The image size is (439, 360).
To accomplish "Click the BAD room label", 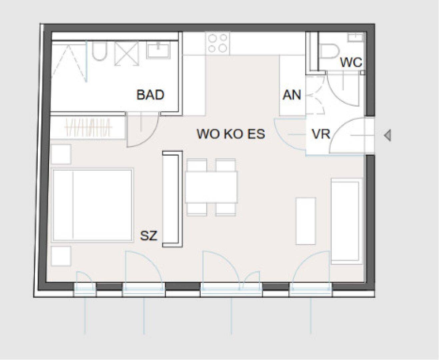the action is click(150, 95).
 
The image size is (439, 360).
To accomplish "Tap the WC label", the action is click(351, 62).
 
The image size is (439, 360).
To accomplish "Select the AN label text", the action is click(292, 95).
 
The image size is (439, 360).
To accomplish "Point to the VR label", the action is click(321, 134).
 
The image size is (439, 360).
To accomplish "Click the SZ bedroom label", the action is click(149, 236).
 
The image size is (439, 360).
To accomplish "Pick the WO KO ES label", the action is click(231, 134).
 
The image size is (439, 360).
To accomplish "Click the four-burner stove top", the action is click(218, 43).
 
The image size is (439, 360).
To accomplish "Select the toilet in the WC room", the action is click(329, 51).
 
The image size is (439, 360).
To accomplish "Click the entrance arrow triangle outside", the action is click(388, 135).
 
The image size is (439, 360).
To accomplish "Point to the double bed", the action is click(92, 205).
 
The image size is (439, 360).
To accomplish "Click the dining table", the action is click(211, 187).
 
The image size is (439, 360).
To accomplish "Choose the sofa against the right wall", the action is click(347, 221).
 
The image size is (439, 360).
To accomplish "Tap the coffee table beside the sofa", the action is click(306, 221).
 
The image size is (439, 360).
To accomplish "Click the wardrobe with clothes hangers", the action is click(88, 127).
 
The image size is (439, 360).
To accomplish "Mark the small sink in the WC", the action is click(356, 37).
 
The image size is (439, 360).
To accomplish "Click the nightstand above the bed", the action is click(61, 154).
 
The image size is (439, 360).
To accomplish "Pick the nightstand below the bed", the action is click(61, 256).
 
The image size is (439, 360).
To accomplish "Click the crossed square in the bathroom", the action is click(127, 53).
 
